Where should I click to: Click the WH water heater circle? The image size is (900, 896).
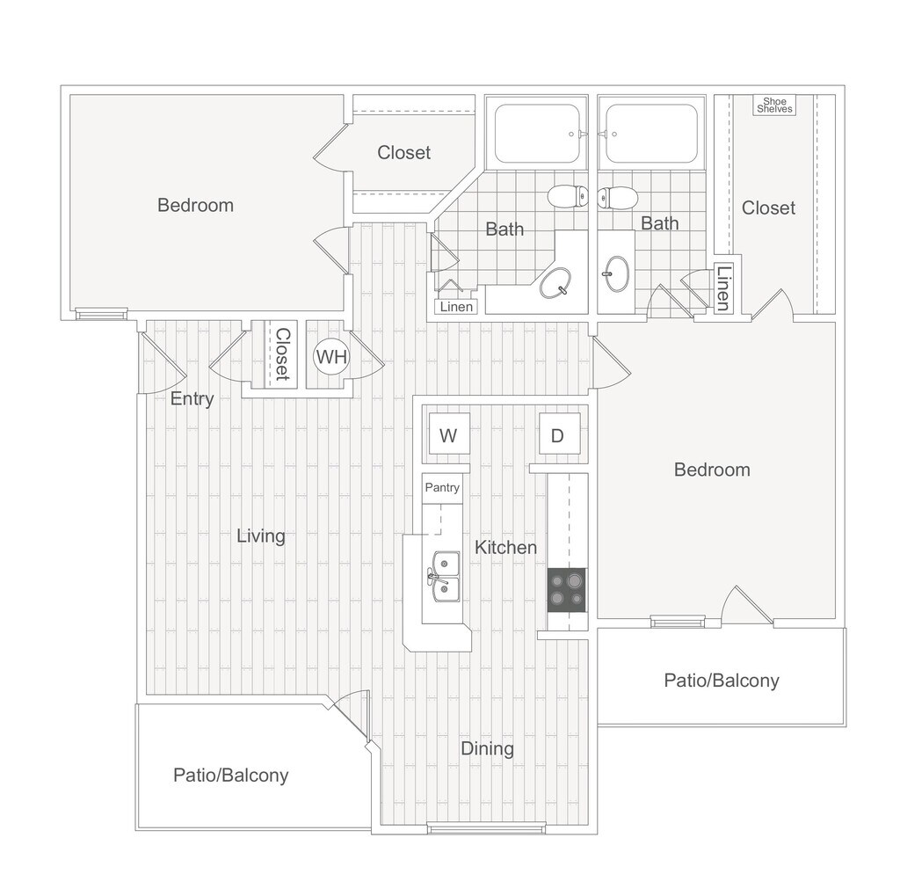pos(331,356)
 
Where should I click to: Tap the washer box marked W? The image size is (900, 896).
pos(448,434)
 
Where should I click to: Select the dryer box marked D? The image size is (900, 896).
pos(558,434)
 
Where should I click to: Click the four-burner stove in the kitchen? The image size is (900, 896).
pos(567,590)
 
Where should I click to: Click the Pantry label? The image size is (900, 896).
pos(441,487)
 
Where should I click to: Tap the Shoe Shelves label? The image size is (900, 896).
pos(774,106)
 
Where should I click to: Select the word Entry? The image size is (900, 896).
pos(192,398)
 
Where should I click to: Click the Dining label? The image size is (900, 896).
pos(487,748)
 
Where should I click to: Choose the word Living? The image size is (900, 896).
pos(261,535)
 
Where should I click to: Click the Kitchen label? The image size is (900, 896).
pos(505,547)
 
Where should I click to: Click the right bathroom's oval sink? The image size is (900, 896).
pos(617,273)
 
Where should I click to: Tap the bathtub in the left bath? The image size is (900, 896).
pos(537,134)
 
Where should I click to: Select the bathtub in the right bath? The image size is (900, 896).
pos(651,134)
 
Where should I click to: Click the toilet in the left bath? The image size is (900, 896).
pos(568,195)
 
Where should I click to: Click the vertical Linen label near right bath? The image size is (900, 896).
pos(722,288)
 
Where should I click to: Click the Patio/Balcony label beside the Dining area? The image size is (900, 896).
pos(230,775)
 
